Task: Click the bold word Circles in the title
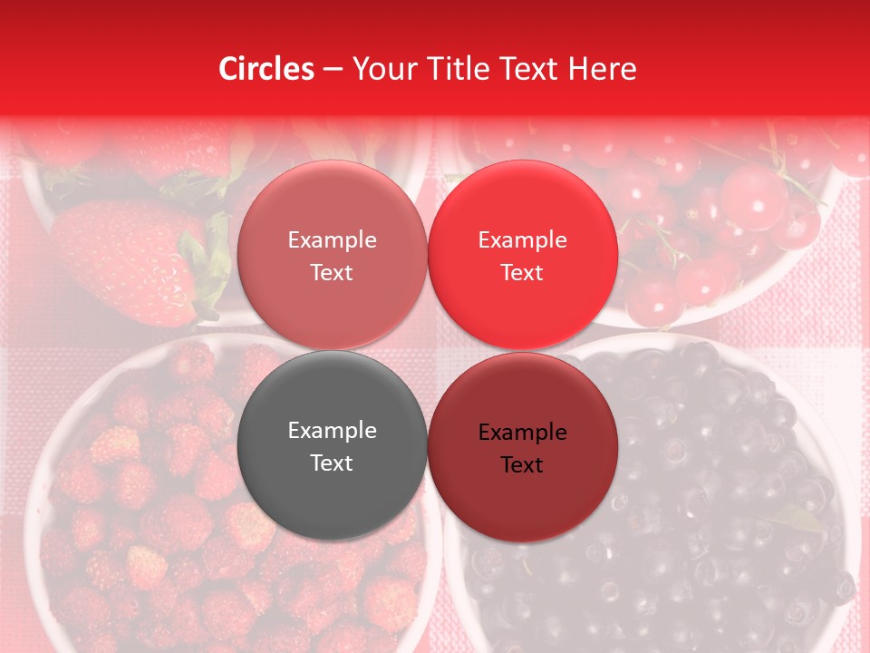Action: pos(266,69)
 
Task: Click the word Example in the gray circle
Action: pos(332,431)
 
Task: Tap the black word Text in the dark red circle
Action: pos(522,465)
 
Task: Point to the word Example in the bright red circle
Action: pos(522,240)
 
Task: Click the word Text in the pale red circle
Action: pos(332,273)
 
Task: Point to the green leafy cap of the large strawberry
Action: pos(207,263)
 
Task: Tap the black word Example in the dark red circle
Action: pos(522,433)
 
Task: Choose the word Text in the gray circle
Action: pos(332,463)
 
